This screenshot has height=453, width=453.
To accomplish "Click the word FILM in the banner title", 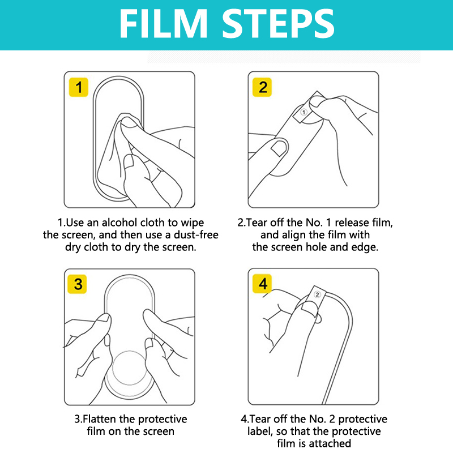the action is (163, 24).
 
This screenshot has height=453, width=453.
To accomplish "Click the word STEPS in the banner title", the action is (278, 24).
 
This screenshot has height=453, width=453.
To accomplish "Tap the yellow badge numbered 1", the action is (79, 87).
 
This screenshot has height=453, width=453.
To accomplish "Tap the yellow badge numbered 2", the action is (262, 87).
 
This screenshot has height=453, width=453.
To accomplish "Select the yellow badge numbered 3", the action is (77, 284).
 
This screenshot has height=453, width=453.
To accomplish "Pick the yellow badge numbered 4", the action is (262, 284).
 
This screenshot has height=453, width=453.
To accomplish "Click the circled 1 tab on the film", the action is (304, 112).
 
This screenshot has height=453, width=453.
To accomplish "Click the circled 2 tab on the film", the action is (317, 294).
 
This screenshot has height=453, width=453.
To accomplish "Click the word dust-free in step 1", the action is (196, 235).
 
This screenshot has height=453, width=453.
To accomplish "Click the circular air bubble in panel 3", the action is (130, 367).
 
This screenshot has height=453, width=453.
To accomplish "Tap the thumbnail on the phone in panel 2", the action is (279, 148).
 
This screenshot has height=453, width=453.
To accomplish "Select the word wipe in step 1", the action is (193, 223).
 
